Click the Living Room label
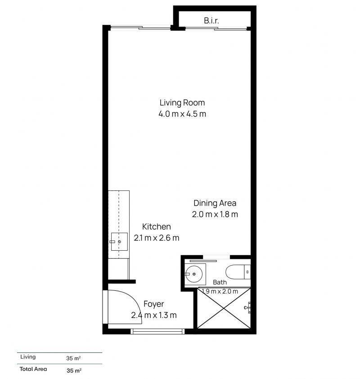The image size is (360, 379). tap(182, 103)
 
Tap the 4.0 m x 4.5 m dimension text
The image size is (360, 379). tap(182, 114)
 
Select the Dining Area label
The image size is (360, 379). tap(215, 203)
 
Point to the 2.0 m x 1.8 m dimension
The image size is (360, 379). tap(215, 214)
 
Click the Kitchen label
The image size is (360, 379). tap(156, 227)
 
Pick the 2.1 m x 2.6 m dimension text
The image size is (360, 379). tap(156, 238)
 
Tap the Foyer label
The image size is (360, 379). tap(153, 304)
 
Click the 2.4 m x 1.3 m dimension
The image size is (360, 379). tap(153, 315)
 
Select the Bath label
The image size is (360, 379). tap(220, 282)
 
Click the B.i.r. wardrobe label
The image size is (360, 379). tap(211, 21)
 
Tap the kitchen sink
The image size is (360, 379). tap(119, 242)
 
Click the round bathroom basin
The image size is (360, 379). tap(194, 274)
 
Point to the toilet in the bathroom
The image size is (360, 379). tap(238, 272)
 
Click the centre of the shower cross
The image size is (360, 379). tap(224, 308)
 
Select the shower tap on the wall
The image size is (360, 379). tap(248, 308)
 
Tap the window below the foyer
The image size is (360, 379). tap(157, 331)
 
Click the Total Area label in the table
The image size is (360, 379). tap(33, 369)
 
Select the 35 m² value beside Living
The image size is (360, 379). tap(73, 358)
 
